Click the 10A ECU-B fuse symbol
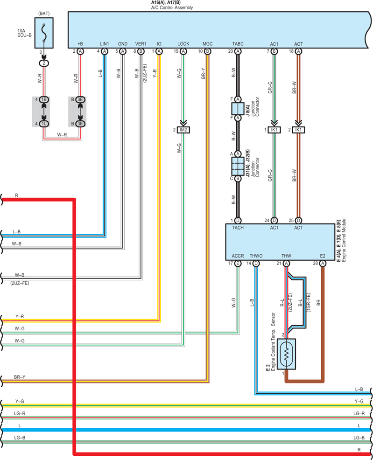(x=44, y=33)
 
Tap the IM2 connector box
(x=183, y=130)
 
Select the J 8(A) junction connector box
(x=238, y=109)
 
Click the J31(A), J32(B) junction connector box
(x=238, y=166)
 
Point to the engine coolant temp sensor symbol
(x=286, y=354)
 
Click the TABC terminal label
(x=238, y=44)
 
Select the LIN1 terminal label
(x=105, y=44)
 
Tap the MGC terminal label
(x=207, y=44)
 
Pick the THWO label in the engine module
(x=256, y=256)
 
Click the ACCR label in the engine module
(x=238, y=256)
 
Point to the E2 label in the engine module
(x=323, y=256)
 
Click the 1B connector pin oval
(x=44, y=99)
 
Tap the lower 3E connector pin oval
(x=80, y=124)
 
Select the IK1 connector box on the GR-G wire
(x=274, y=130)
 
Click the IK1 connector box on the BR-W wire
(x=298, y=130)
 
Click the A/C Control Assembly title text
(x=172, y=7)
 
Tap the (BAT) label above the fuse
(x=44, y=14)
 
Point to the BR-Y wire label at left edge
(x=20, y=377)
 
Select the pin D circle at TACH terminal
(x=238, y=220)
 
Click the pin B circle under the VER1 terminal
(x=141, y=51)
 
